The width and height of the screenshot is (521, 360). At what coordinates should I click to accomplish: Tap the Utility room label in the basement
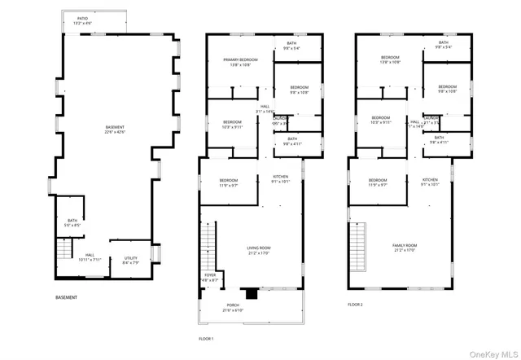click(131, 261)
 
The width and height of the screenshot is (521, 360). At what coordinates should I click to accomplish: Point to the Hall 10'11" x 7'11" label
click(90, 258)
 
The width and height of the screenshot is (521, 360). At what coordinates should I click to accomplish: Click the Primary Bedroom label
click(242, 61)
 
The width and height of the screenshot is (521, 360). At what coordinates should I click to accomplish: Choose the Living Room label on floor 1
click(259, 249)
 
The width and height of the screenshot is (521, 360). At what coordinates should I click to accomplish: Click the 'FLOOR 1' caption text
click(206, 338)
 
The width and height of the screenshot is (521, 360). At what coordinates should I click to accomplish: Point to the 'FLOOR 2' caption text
click(356, 304)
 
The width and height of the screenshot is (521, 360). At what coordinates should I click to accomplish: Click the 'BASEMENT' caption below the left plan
click(67, 297)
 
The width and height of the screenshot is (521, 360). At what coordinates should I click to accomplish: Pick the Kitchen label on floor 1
click(269, 182)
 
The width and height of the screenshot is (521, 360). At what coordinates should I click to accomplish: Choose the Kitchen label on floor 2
click(430, 182)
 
